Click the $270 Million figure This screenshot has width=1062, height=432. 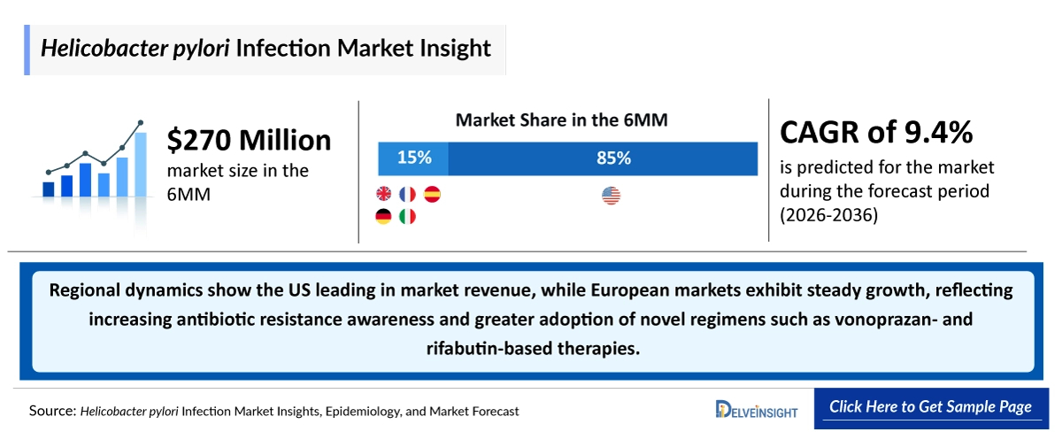250,141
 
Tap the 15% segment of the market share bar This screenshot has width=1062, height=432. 413,158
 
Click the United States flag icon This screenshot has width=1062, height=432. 611,195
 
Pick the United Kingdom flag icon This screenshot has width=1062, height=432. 384,194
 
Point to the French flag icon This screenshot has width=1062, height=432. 408,194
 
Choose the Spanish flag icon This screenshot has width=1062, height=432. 432,194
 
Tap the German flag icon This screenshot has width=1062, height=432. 384,217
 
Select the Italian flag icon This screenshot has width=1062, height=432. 408,217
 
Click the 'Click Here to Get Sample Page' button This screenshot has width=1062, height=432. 930,407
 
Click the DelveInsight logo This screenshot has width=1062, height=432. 757,408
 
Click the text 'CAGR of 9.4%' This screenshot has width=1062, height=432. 876,133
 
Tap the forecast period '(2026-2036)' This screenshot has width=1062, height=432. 828,215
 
